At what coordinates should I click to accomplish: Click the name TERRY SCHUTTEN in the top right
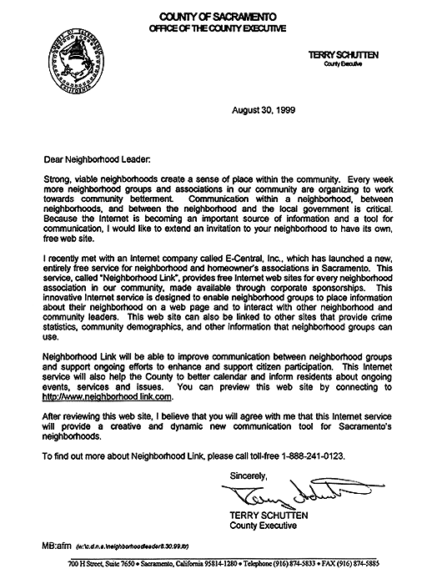[x=344, y=54]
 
